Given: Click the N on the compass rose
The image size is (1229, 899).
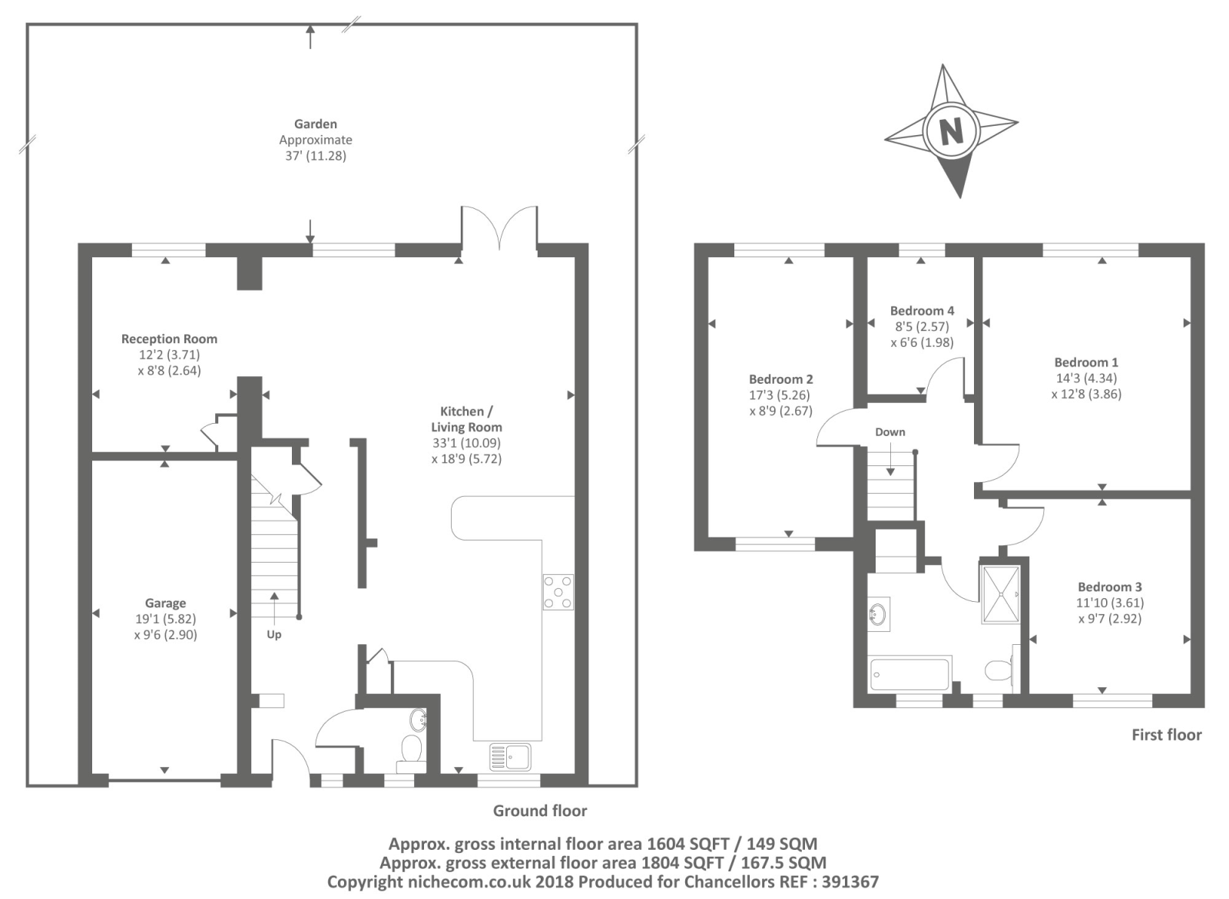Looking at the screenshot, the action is tap(952, 131).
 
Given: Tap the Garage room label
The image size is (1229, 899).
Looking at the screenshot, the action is tap(165, 603).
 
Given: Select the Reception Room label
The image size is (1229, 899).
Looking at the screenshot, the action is tap(169, 339).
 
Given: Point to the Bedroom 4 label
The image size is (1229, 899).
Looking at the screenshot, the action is tap(923, 310).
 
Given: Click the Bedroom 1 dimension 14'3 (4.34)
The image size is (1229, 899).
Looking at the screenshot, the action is tap(1086, 378).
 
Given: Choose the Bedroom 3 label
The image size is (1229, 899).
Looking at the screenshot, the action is tap(1110, 587).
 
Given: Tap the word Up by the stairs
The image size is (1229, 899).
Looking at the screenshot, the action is tap(273, 635).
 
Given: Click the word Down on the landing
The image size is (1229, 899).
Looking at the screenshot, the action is tap(890, 431).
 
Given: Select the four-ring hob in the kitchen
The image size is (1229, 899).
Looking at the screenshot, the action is tap(558, 592).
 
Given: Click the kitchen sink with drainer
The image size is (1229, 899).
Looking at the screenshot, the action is tap(510, 757).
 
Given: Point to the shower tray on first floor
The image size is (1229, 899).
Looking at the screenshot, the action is tap(1001, 595).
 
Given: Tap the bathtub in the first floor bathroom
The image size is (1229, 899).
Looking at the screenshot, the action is tap(909, 674).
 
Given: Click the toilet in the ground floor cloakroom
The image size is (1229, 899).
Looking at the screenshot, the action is tap(412, 750).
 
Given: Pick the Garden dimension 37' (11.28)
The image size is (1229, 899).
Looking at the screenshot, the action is tap(316, 156).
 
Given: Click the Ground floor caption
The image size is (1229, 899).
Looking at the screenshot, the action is tap(540, 811).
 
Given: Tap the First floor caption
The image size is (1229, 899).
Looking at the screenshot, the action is tap(1167, 735).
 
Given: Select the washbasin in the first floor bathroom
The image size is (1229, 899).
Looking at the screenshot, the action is tap(878, 613).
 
